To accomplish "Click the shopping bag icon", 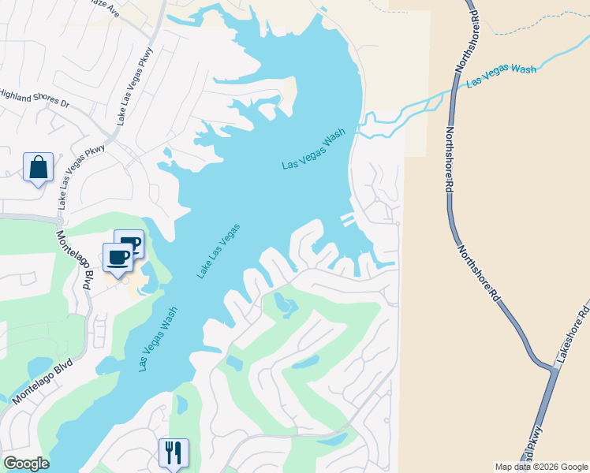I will [38, 167].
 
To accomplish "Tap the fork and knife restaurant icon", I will [173, 453].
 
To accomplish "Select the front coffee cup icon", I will [118, 257].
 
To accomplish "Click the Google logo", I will [26, 464].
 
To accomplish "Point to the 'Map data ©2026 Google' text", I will [541, 467].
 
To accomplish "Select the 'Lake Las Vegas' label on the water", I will [218, 251].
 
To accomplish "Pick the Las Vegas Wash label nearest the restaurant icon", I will [158, 339].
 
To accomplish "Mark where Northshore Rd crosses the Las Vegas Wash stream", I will [457, 88].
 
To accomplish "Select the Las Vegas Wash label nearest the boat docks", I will [314, 150].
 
